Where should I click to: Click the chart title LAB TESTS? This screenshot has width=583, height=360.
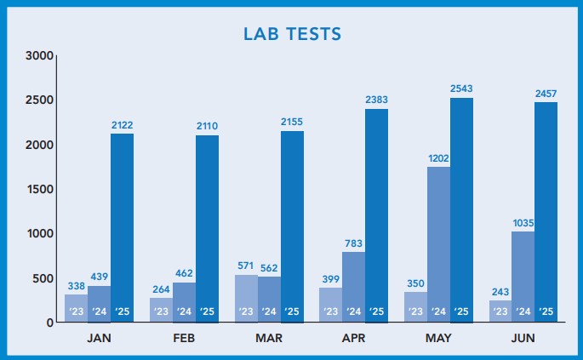tap(292, 34)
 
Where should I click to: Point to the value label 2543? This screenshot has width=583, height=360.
tap(461, 89)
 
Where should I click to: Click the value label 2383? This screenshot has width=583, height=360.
tap(376, 100)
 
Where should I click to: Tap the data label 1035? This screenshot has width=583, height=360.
tap(523, 223)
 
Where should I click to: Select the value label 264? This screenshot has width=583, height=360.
tap(161, 288)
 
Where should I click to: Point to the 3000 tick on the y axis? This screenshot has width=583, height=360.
tap(41, 56)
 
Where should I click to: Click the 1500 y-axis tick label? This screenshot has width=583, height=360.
tap(41, 189)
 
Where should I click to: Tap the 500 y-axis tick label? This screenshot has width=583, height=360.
tap(43, 277)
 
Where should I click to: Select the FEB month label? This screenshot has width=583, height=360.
tap(184, 337)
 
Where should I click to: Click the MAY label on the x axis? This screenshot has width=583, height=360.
tap(438, 337)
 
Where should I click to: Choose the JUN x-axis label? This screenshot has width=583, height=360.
tap(523, 337)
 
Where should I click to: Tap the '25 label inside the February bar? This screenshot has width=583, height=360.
tap(207, 311)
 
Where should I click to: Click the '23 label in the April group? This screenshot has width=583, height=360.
tap(331, 311)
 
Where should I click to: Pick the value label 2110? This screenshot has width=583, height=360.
tap(207, 126)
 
